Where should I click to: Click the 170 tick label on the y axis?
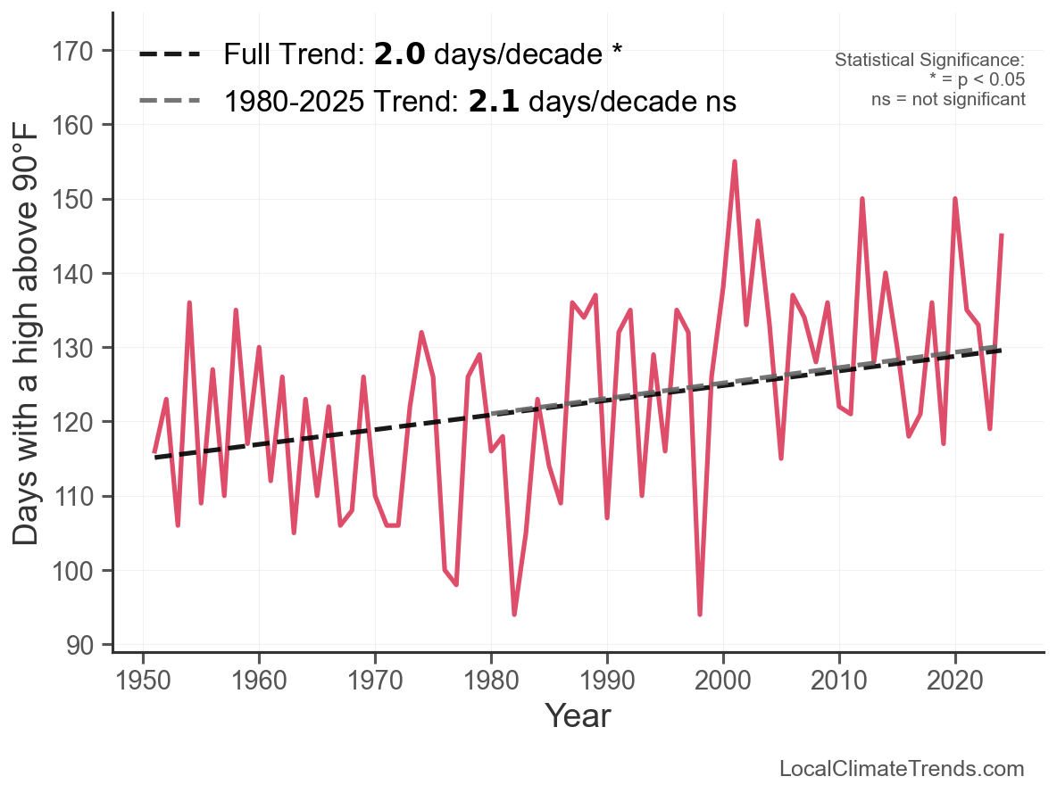pos(79,51)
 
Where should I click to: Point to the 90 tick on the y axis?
pos(87,644)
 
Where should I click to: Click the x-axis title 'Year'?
pos(578,715)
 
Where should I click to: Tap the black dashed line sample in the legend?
pos(170,55)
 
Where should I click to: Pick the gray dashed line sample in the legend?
pos(170,102)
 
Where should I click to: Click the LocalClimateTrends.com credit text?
pos(902,769)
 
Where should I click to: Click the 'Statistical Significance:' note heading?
pos(929,61)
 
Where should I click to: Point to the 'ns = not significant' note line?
pos(948,99)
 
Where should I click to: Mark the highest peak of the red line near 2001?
pos(735,162)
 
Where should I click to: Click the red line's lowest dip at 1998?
pos(700,614)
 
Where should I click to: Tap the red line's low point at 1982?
pos(514,614)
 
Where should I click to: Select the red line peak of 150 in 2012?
pos(862,199)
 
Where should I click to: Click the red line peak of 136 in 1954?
pos(189,303)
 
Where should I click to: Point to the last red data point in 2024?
pos(1002,235)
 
